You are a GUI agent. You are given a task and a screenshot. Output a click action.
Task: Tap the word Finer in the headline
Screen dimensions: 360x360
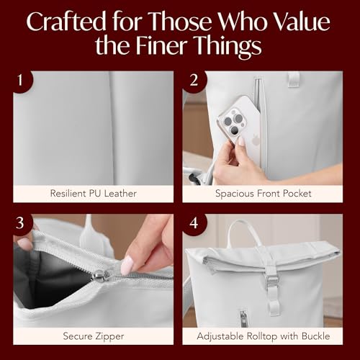[x=162, y=45]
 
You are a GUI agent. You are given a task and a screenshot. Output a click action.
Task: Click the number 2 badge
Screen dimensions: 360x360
[x=194, y=81]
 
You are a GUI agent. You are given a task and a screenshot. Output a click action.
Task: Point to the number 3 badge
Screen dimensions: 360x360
[x=21, y=223]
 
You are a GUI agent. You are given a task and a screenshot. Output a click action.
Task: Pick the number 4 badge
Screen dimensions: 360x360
[x=194, y=223]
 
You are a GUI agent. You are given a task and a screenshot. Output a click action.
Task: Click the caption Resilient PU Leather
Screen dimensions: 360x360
[x=94, y=194]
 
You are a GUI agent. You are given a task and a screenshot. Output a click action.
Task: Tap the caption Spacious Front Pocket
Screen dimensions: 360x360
[x=264, y=194]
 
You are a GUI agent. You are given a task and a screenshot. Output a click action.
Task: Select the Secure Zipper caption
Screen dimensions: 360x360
[x=94, y=336]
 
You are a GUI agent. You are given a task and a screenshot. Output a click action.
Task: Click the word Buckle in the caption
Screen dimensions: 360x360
[x=315, y=336]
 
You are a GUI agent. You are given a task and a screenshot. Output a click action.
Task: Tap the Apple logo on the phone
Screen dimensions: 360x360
[x=254, y=140]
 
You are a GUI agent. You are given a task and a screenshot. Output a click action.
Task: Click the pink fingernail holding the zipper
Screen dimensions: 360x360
[x=127, y=265]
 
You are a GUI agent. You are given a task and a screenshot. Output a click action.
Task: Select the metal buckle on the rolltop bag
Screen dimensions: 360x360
[x=272, y=282]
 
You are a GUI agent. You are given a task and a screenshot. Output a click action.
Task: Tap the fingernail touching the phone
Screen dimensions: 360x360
[x=241, y=141]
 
